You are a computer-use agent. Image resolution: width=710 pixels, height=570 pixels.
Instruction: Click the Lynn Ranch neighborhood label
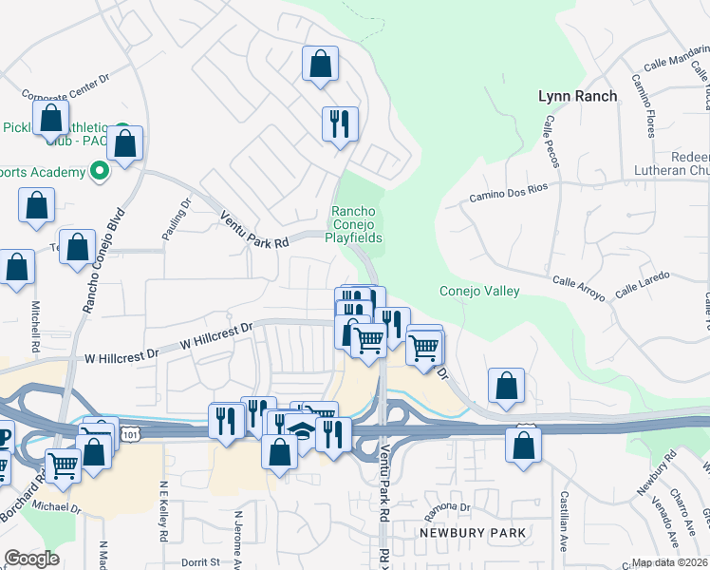(x=577, y=96)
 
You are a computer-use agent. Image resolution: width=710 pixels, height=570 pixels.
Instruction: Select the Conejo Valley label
(x=479, y=291)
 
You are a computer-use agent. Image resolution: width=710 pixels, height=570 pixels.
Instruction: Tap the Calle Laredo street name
(x=643, y=283)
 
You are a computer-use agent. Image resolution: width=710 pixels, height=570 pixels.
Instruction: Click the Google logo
(x=31, y=558)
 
